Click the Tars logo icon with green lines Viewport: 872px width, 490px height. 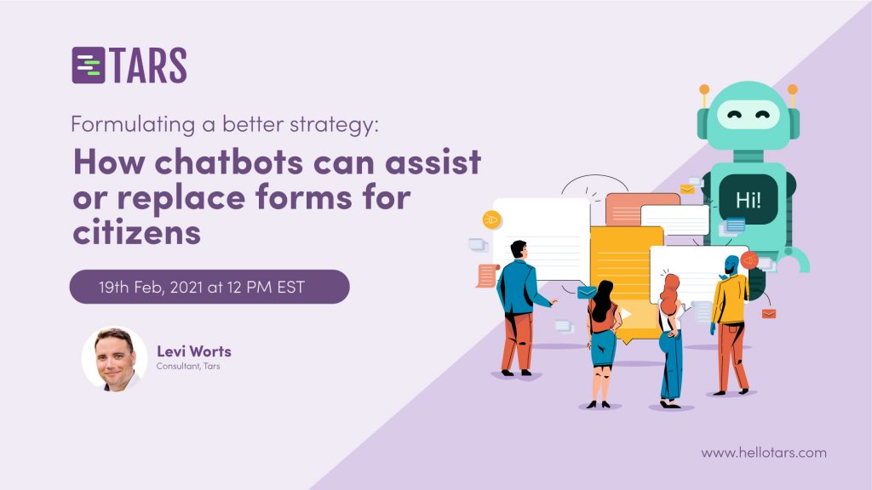click(x=89, y=66)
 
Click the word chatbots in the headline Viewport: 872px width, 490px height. click(x=228, y=162)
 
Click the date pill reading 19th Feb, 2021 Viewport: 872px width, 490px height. click(x=209, y=287)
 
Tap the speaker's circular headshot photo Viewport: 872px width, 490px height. click(x=115, y=359)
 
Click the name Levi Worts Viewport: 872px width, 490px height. click(x=194, y=351)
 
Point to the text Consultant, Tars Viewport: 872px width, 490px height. click(x=188, y=366)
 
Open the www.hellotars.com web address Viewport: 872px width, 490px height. click(x=764, y=453)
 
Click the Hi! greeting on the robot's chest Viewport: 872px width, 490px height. click(x=748, y=200)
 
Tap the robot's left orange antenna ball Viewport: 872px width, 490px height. click(x=704, y=88)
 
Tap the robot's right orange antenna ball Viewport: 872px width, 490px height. click(x=793, y=88)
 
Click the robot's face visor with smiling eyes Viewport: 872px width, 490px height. click(x=748, y=115)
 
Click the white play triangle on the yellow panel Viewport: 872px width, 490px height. click(x=626, y=314)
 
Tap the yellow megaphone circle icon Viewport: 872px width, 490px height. click(x=491, y=220)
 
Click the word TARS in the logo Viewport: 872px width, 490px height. click(x=148, y=66)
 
